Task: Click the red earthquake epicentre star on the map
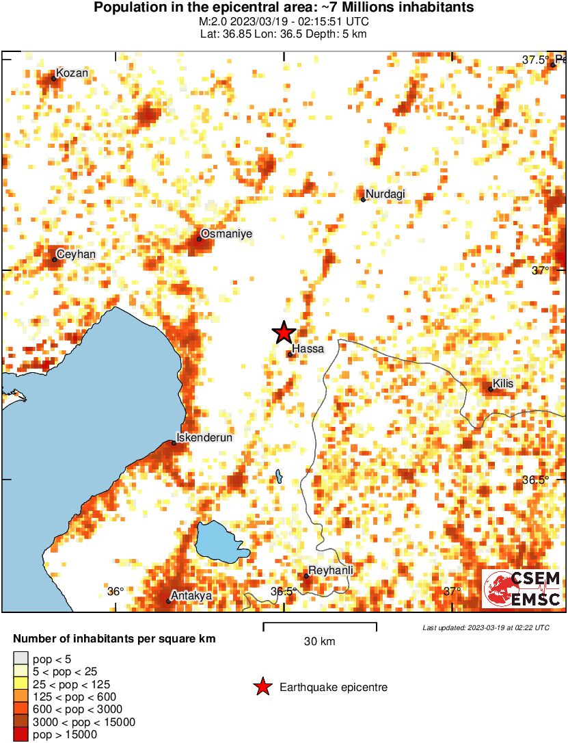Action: click(284, 333)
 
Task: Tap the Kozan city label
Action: click(72, 73)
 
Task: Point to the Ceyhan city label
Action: click(75, 255)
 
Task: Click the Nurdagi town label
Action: click(386, 194)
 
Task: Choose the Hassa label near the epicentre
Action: click(308, 349)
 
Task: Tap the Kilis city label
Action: click(502, 384)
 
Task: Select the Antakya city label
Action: click(191, 596)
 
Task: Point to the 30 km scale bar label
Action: click(319, 641)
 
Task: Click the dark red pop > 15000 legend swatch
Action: click(21, 735)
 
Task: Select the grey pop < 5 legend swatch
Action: click(21, 660)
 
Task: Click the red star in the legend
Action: click(262, 687)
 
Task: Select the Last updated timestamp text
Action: click(485, 627)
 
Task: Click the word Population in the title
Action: click(126, 8)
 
